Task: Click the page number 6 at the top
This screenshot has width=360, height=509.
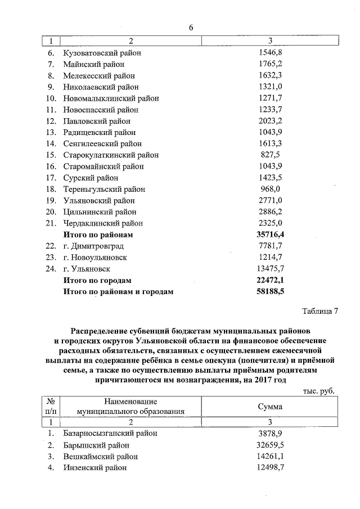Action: click(x=191, y=28)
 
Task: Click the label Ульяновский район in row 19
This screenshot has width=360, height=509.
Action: click(x=99, y=201)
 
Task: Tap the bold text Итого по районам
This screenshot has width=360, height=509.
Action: click(x=98, y=235)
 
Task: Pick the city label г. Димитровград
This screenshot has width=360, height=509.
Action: click(x=93, y=246)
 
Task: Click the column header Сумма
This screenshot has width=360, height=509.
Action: click(x=270, y=407)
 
